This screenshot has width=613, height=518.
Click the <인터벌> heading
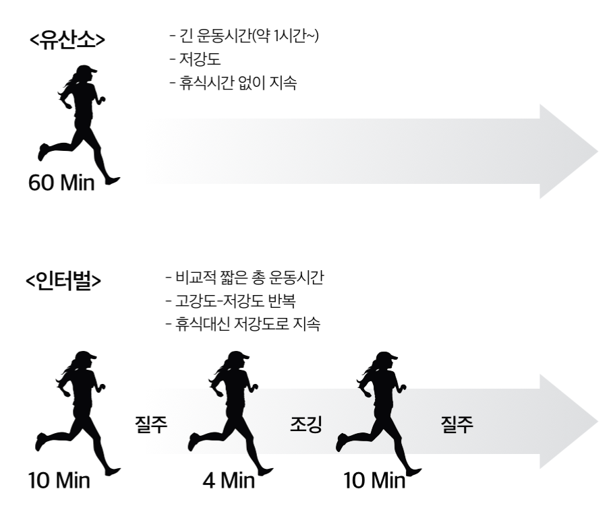coord(65,280)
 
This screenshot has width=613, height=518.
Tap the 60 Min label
coord(61,183)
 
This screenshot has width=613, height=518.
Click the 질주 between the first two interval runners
coord(152,425)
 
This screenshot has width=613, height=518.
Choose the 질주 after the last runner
coord(457,425)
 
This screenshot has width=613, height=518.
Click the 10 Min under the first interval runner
coord(59,482)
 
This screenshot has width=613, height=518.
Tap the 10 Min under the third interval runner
coord(375,482)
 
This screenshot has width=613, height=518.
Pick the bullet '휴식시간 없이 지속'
coord(233,86)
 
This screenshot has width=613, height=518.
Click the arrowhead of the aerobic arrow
coord(570,152)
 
